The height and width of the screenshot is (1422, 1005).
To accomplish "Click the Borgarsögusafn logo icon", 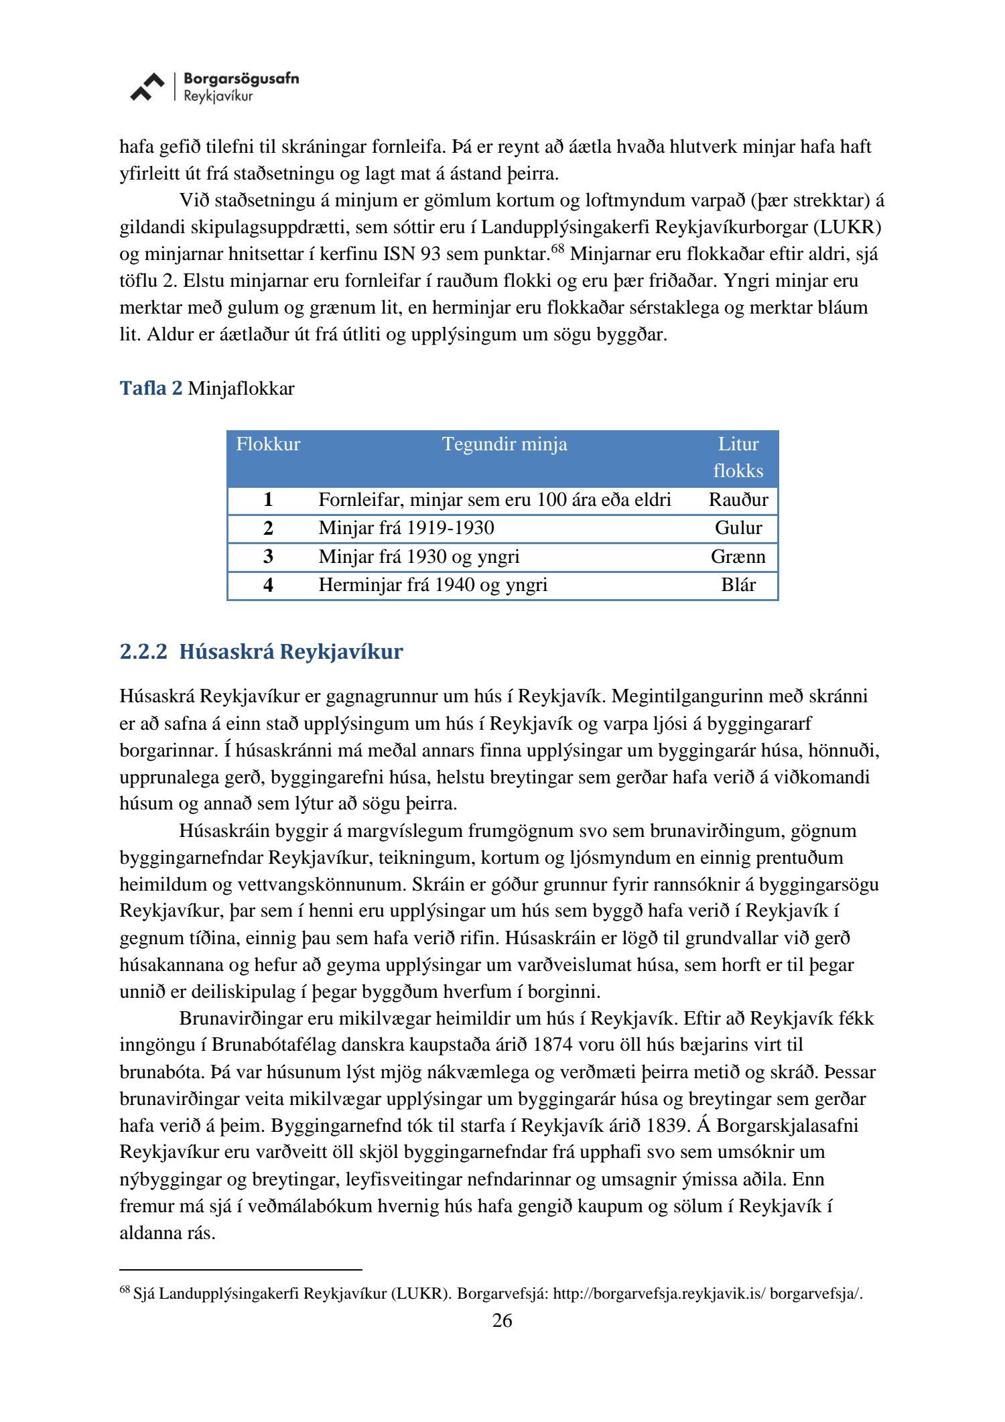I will click(x=147, y=87).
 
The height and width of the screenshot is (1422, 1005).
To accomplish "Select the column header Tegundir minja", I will click(x=505, y=444).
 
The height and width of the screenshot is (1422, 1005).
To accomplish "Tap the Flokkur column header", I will click(x=268, y=444).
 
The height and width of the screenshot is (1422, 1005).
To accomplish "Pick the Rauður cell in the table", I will click(x=738, y=500).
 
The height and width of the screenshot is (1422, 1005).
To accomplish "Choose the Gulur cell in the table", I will click(x=738, y=528).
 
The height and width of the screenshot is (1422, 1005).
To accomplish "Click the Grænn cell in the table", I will click(x=738, y=557).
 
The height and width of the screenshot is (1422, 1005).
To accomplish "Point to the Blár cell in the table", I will click(x=738, y=585).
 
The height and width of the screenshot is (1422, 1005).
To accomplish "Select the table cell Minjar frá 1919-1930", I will click(x=406, y=528).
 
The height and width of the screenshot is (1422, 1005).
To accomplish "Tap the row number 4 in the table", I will click(x=268, y=585).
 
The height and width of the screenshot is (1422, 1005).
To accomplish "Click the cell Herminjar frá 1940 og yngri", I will click(x=433, y=585).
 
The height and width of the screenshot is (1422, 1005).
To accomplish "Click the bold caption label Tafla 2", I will click(x=151, y=389).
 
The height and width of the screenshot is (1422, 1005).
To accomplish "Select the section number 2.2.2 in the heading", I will click(x=143, y=651).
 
